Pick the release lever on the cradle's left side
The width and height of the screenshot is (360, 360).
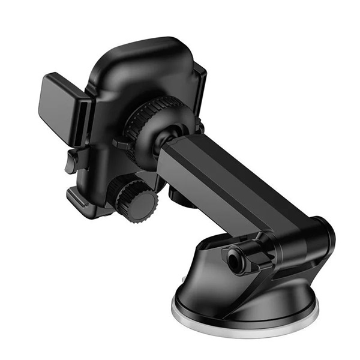(x=71, y=161)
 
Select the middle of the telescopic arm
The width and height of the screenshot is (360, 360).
(x=222, y=180)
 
